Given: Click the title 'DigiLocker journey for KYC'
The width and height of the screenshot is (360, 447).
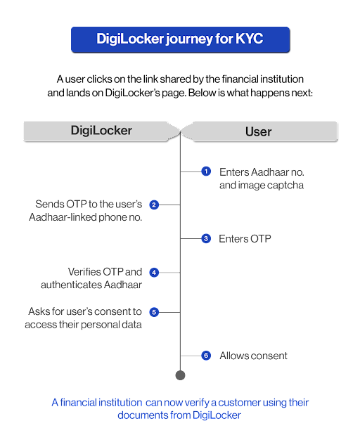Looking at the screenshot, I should pos(179,39).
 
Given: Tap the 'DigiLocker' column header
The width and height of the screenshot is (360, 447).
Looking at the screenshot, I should pos(101,131).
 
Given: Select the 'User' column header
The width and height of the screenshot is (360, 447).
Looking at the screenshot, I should pos(258,131).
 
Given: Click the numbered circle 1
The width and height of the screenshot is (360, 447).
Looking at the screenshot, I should pos(206,171).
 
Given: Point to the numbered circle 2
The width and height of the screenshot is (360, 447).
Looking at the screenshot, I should pos(154,205).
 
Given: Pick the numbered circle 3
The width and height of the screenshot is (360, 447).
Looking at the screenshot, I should pos(206,239).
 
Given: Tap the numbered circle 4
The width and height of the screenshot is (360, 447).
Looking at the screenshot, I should pos(154,272).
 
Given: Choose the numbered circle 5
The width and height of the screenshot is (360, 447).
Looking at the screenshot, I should pos(154,311).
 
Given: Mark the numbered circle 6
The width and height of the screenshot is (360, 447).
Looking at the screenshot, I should pos(206,356).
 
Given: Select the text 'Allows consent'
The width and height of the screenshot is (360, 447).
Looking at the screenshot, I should pos(253,356).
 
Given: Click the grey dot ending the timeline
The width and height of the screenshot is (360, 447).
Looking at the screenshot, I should pos(180,375).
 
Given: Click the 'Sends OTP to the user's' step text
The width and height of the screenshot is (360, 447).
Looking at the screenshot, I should pos(89,205).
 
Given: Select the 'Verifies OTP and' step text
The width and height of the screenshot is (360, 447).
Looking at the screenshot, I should pos(105,271).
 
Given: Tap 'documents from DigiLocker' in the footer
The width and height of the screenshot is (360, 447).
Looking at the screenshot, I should pos(180,415).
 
